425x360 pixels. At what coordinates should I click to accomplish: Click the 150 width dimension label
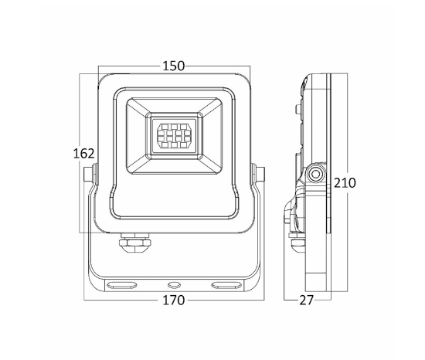pyautogui.click(x=173, y=66)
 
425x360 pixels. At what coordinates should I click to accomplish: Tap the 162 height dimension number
pyautogui.click(x=83, y=154)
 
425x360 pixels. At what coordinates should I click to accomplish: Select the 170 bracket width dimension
pyautogui.click(x=173, y=301)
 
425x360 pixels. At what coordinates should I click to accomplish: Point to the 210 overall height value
pyautogui.click(x=345, y=183)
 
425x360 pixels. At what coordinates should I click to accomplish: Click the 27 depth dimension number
pyautogui.click(x=306, y=301)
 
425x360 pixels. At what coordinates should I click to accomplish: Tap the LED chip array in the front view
pyautogui.click(x=174, y=136)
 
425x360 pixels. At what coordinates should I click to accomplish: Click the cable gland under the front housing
pyautogui.click(x=134, y=241)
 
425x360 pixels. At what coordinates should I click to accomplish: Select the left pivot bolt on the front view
pyautogui.click(x=90, y=174)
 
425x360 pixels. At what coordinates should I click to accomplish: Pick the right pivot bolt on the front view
pyautogui.click(x=258, y=174)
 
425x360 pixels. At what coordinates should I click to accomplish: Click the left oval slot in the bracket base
pyautogui.click(x=121, y=285)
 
